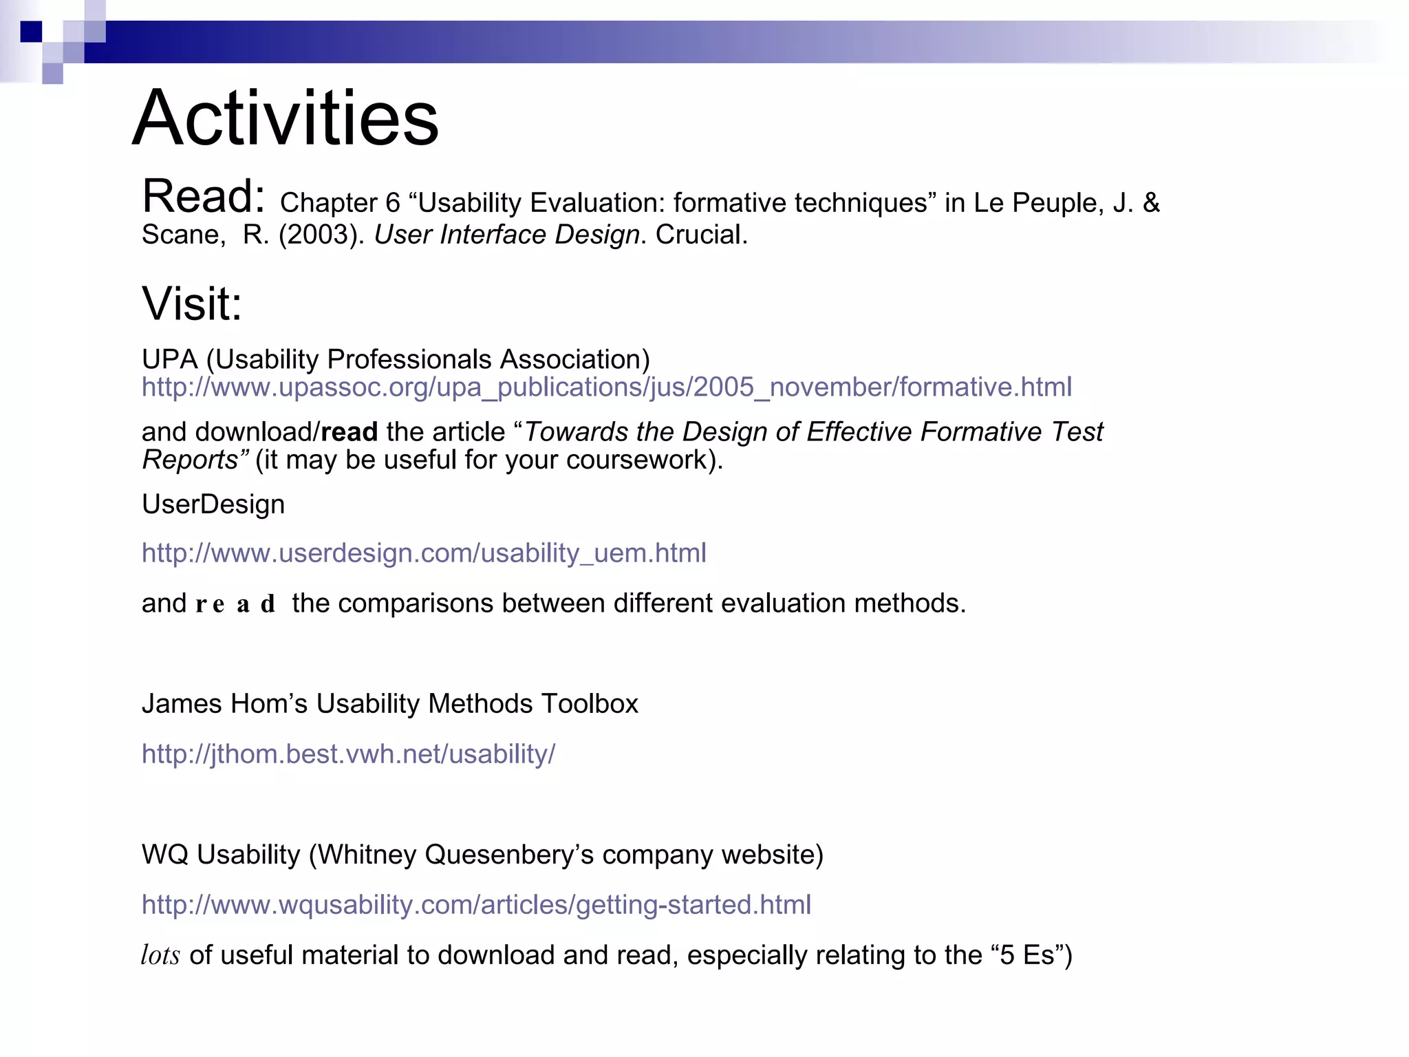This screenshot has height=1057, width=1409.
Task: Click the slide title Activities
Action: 286,118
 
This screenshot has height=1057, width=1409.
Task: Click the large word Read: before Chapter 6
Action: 204,197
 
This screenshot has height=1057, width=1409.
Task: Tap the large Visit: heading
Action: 192,303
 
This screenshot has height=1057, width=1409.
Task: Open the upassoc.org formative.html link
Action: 606,387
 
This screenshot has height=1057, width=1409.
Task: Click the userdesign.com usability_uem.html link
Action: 424,553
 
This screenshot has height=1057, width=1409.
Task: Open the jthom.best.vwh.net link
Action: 348,754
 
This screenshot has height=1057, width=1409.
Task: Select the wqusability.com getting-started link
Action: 476,905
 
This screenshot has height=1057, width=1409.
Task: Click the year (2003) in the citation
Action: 321,235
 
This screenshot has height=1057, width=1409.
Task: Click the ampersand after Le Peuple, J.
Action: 1151,203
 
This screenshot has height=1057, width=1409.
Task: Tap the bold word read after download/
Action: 349,432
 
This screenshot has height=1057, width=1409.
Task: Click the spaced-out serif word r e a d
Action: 235,604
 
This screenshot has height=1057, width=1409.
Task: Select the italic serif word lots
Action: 160,956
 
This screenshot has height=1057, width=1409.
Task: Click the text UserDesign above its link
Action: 213,504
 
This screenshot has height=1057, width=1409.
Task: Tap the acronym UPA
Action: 169,360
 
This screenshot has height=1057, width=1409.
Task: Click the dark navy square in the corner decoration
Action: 31,32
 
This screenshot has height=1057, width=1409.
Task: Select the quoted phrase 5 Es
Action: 1027,956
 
